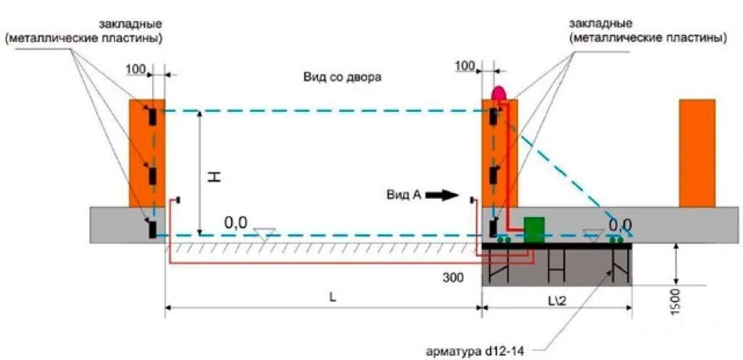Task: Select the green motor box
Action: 534,227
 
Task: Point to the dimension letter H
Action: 215,176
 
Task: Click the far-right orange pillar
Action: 697,152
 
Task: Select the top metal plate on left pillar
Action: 152,116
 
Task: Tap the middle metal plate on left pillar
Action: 152,176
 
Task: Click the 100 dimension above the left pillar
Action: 136,68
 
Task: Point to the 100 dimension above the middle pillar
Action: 465,67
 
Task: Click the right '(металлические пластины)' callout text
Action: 647,37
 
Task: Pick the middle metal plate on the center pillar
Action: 493,176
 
